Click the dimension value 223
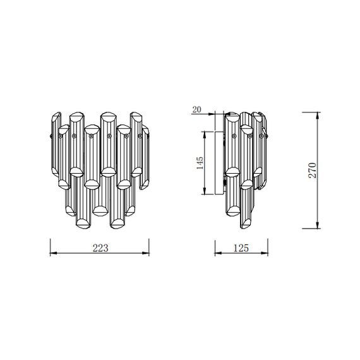pos(100,248)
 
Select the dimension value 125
pos(241,248)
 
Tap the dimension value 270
pos(313,171)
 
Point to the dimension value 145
pos(200,163)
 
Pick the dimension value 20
pos(196,109)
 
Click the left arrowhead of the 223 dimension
pos(54,253)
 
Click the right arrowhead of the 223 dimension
pos(146,253)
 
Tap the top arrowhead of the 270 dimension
pos(318,116)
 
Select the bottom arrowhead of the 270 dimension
pos(318,225)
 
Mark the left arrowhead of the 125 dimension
pos(219,253)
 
